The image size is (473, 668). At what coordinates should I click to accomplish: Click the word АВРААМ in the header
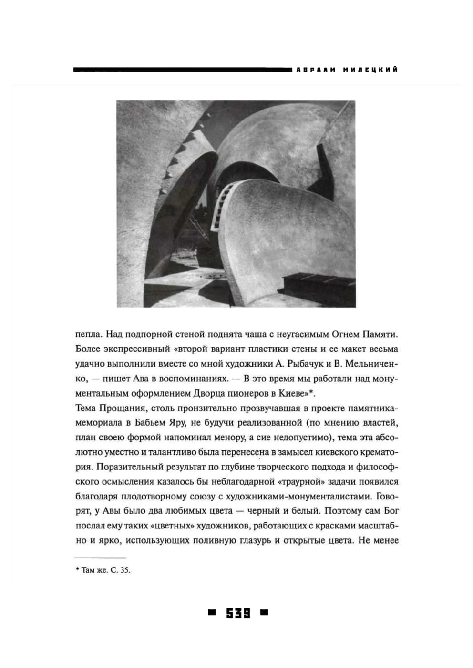316,70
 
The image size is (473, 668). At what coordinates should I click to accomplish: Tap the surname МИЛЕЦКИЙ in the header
370,70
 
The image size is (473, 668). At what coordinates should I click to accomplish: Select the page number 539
238,613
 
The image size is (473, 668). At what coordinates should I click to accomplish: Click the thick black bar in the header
181,70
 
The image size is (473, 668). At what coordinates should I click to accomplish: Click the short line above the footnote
100,558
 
